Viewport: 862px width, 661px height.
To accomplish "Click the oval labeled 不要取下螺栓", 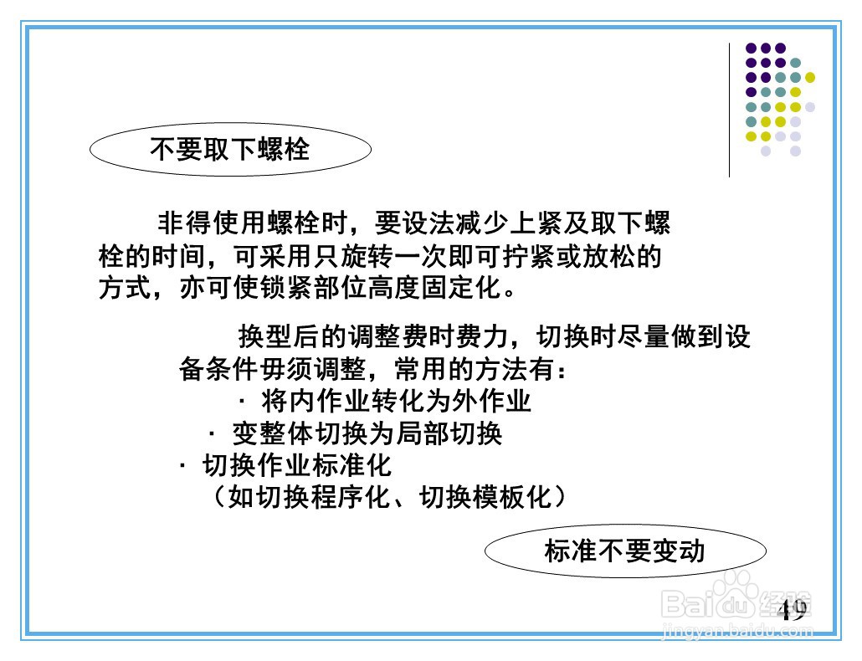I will (229, 150).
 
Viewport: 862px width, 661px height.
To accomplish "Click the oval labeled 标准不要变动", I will (625, 551).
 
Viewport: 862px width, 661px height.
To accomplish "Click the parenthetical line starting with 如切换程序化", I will (389, 497).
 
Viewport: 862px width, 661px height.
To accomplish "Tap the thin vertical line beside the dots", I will (729, 109).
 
